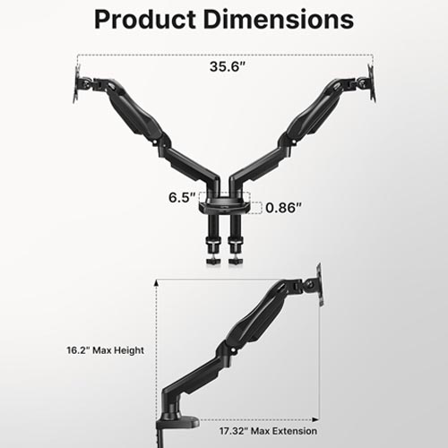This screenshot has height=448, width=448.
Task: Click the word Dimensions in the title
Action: (284, 19)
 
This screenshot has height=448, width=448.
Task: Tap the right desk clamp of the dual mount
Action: (237, 246)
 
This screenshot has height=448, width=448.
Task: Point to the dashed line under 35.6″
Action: (223, 52)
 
